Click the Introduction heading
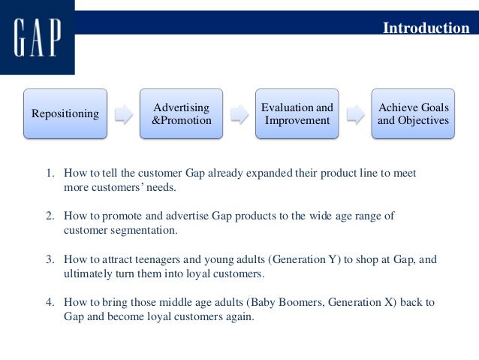(x=426, y=28)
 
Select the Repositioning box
(x=65, y=113)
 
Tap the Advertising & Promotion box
(x=181, y=113)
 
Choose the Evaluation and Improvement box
(x=297, y=113)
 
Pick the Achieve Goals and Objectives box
(x=413, y=113)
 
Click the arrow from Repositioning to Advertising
(x=123, y=114)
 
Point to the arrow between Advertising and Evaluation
(x=239, y=114)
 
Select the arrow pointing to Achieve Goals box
(x=354, y=114)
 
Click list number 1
(x=50, y=173)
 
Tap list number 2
(x=50, y=216)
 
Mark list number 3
(x=50, y=259)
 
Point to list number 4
(x=50, y=302)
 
